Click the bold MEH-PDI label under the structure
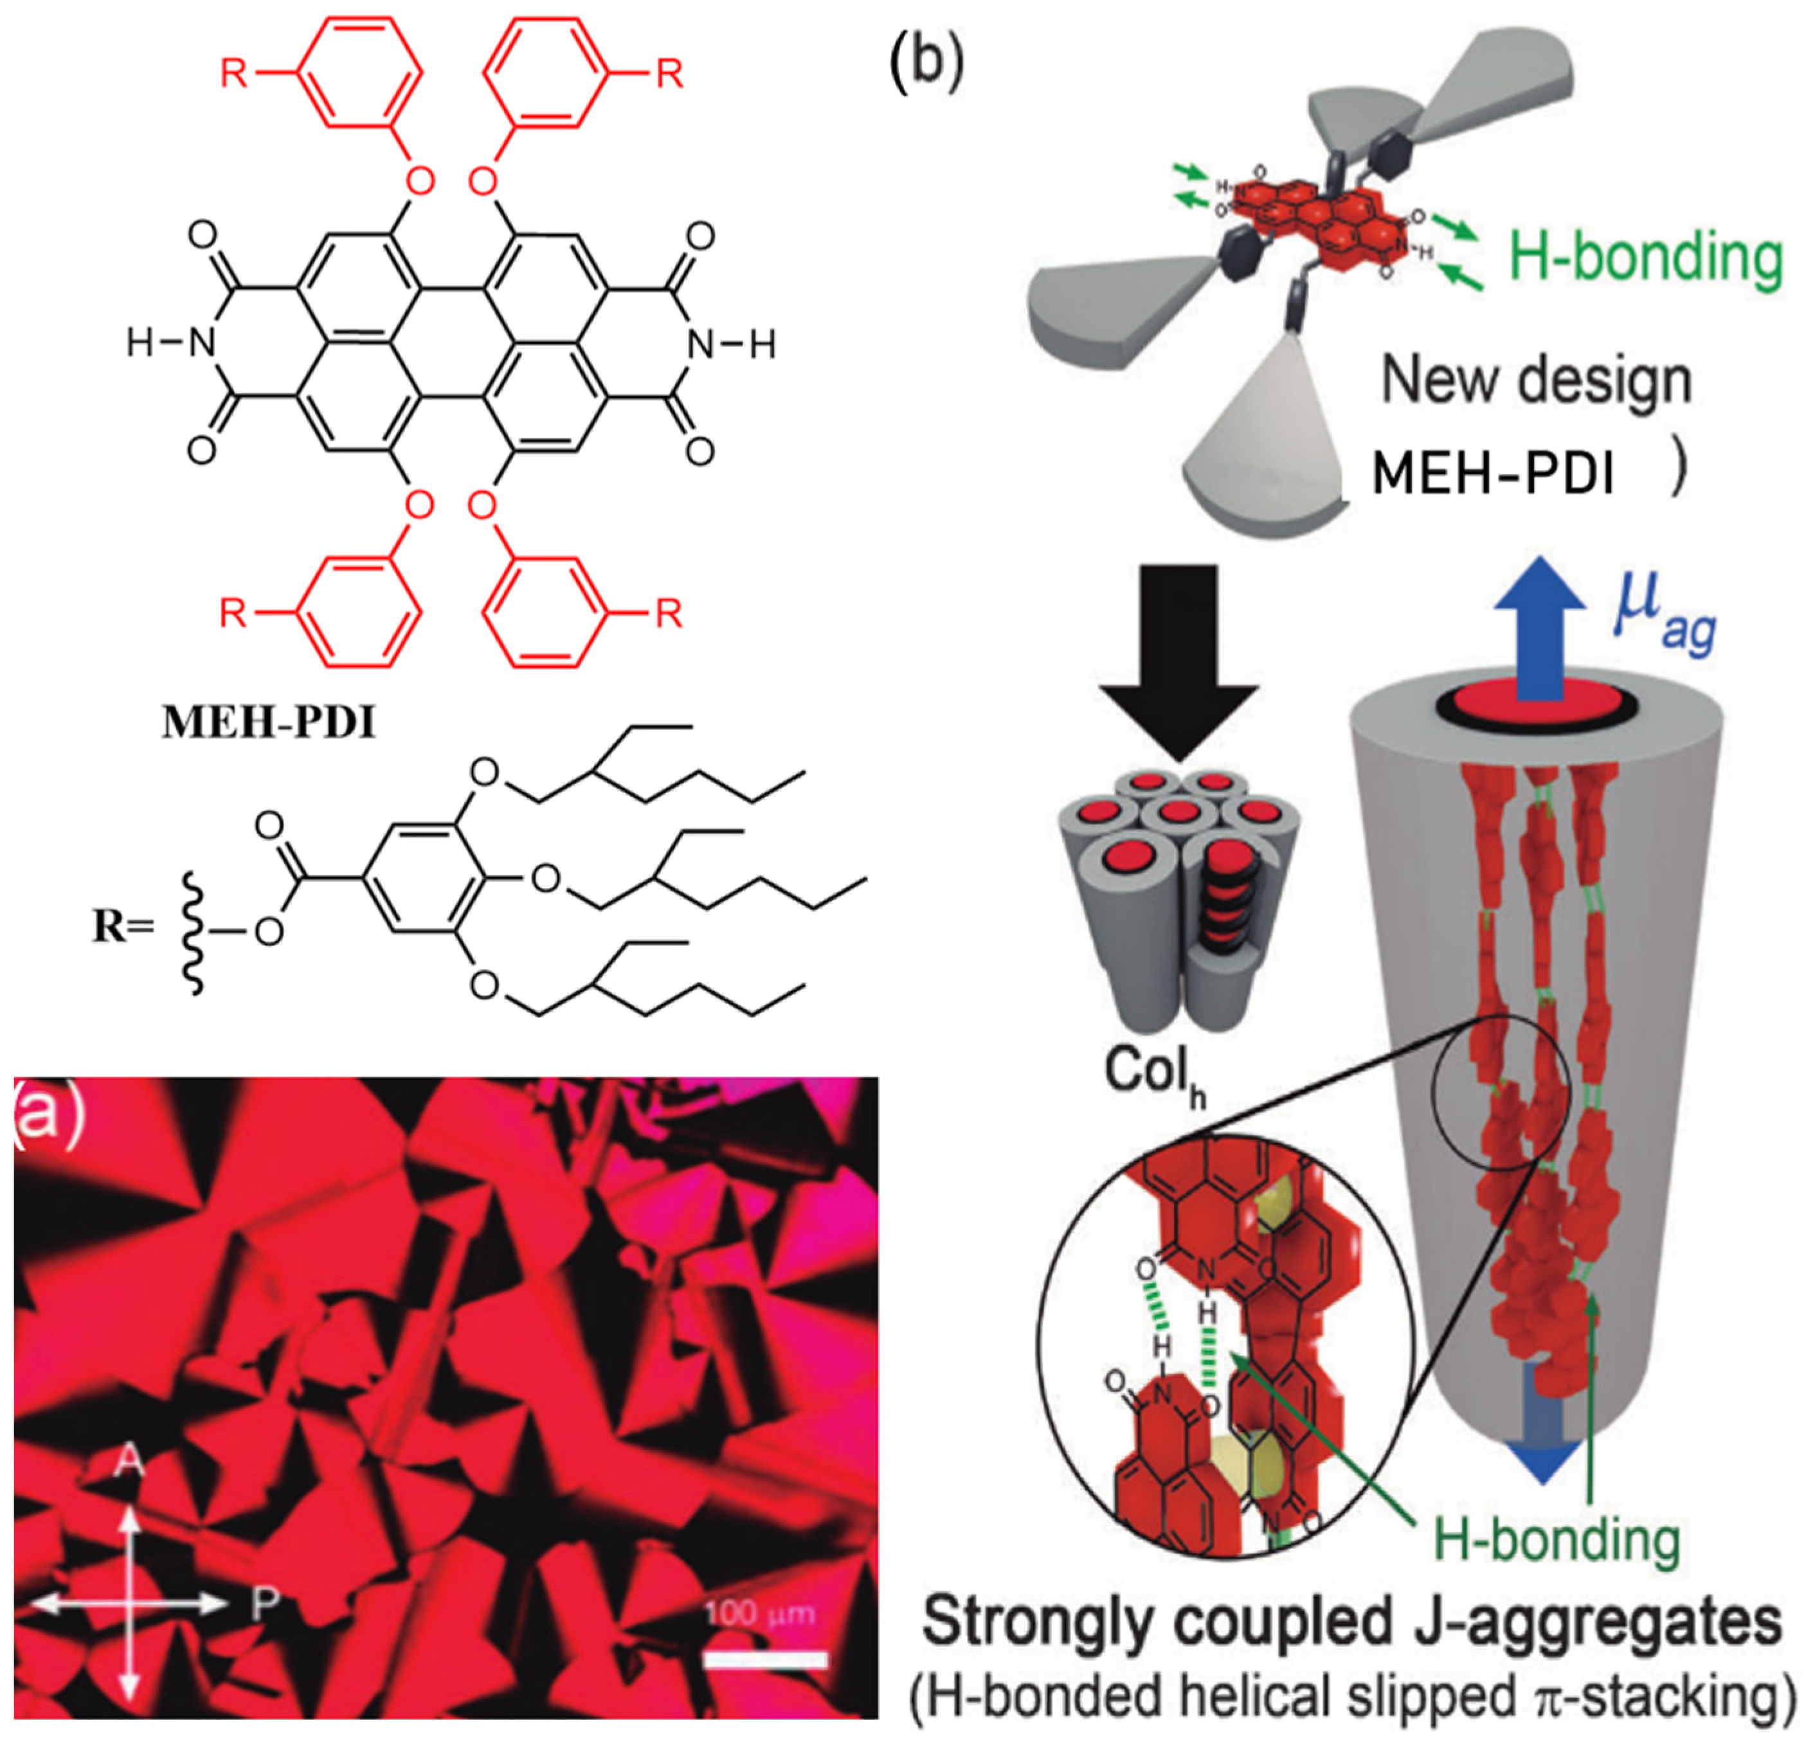269,724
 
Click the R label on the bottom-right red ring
669,613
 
